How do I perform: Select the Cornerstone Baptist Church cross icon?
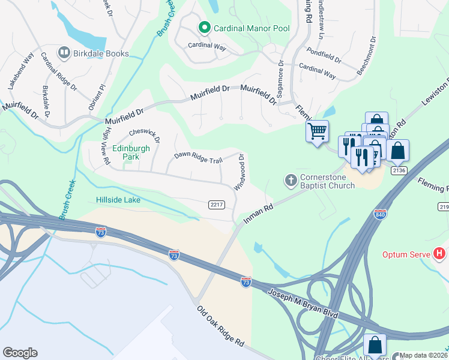[x=291, y=180]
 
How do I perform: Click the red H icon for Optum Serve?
[x=440, y=254]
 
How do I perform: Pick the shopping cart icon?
[x=316, y=130]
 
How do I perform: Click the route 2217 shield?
[x=217, y=205]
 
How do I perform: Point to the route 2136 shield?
[x=399, y=170]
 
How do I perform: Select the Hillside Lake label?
[x=118, y=200]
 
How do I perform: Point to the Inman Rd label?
[x=259, y=214]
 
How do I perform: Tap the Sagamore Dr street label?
[x=280, y=78]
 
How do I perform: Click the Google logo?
[x=20, y=352]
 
